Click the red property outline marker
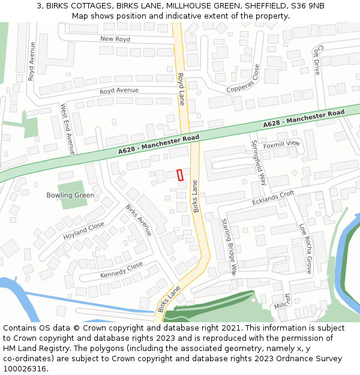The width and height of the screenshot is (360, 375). tap(180, 175)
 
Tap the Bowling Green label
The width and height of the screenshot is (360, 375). tap(70, 195)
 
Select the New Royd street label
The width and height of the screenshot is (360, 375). tap(115, 39)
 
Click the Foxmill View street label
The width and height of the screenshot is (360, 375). tap(281, 143)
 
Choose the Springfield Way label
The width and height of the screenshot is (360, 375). tap(259, 163)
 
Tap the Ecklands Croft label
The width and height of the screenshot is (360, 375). tap(273, 197)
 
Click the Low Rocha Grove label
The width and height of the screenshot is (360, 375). tap(305, 248)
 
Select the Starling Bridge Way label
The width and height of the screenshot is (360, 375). tap(230, 246)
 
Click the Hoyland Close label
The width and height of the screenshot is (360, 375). tap(84, 231)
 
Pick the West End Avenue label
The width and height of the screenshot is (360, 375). tap(67, 129)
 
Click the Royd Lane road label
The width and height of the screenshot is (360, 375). tap(181, 89)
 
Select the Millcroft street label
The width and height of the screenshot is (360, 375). tap(282, 302)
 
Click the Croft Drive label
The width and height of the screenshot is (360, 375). tap(317, 59)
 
